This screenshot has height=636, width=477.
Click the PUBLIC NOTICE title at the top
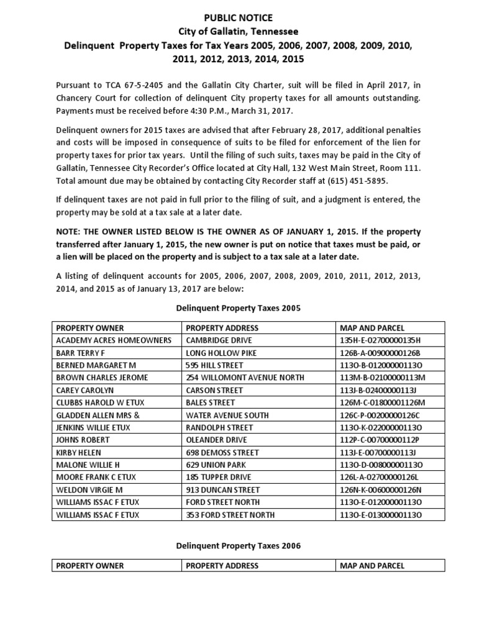coord(239,18)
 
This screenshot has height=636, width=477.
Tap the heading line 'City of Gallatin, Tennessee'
coord(239,32)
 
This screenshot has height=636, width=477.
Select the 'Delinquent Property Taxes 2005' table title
coord(238,307)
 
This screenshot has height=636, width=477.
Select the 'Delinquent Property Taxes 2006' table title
coord(238,545)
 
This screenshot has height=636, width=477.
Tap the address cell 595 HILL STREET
coord(211,365)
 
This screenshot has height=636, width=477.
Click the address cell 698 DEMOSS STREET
coord(217,452)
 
